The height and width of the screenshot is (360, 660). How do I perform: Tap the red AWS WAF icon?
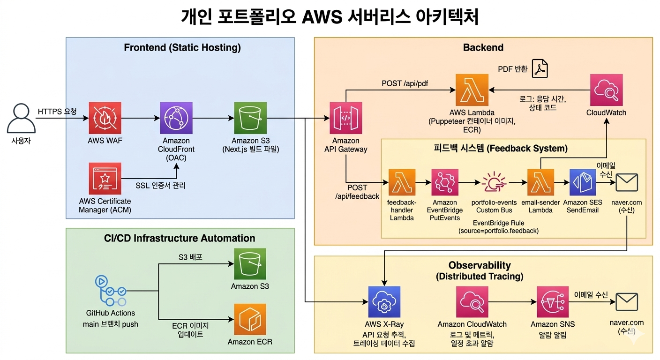(105, 119)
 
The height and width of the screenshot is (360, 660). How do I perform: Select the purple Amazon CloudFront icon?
(176, 119)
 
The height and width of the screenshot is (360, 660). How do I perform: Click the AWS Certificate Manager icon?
(105, 179)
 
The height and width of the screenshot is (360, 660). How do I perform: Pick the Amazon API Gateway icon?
(345, 119)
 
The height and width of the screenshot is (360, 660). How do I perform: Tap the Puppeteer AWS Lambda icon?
(472, 90)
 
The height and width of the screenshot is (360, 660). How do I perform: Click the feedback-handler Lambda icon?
(402, 182)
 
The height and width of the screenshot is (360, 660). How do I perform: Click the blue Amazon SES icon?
(582, 182)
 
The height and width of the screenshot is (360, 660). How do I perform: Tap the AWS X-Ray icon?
(384, 302)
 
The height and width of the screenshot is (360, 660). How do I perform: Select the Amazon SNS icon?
(553, 302)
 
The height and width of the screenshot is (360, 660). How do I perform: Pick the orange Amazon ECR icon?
(250, 319)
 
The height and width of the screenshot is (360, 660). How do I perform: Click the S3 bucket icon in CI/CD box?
(250, 264)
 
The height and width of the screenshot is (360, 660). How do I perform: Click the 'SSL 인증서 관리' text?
(160, 186)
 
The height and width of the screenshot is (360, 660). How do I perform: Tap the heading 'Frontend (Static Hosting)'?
(182, 47)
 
